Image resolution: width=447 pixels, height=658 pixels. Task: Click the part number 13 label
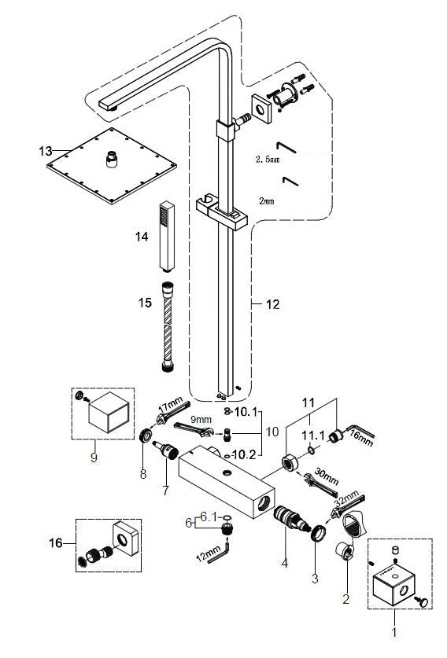[46, 151]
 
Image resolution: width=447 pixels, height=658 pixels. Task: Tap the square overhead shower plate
[111, 165]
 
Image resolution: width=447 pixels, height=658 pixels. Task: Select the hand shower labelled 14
[167, 237]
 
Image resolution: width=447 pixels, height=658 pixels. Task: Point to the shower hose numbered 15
[168, 327]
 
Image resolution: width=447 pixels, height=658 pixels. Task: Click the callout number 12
[272, 304]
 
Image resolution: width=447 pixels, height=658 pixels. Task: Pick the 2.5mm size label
[268, 160]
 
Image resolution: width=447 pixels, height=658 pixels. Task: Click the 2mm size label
[266, 201]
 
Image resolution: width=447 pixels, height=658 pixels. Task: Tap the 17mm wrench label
[171, 407]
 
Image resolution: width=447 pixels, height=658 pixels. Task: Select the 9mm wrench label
[201, 419]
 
